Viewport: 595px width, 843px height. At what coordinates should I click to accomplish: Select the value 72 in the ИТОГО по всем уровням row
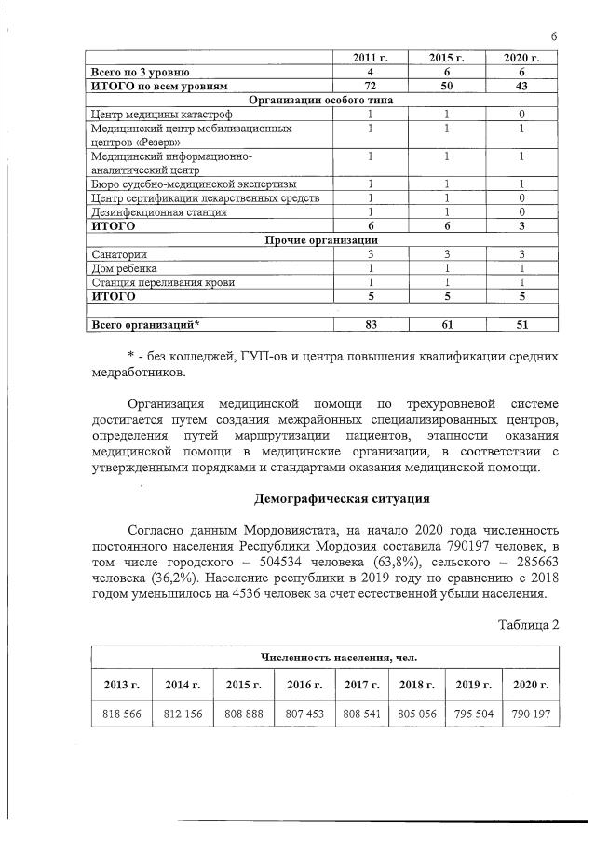tap(370, 85)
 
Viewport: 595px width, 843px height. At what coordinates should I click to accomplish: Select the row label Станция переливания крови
tap(150, 281)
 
